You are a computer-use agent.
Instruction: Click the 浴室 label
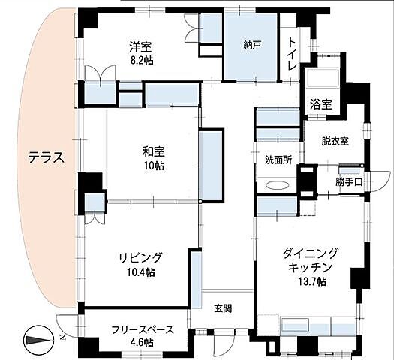pyautogui.click(x=321, y=105)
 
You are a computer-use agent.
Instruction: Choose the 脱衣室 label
pyautogui.click(x=334, y=140)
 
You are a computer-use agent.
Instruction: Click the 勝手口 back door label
pyautogui.click(x=350, y=181)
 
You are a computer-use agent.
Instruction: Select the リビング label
pyautogui.click(x=140, y=257)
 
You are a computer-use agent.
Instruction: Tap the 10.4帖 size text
pyautogui.click(x=140, y=271)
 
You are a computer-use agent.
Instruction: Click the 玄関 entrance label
pyautogui.click(x=223, y=307)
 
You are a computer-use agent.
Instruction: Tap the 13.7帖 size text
pyautogui.click(x=311, y=281)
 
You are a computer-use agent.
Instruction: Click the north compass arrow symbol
pyautogui.click(x=39, y=340)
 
